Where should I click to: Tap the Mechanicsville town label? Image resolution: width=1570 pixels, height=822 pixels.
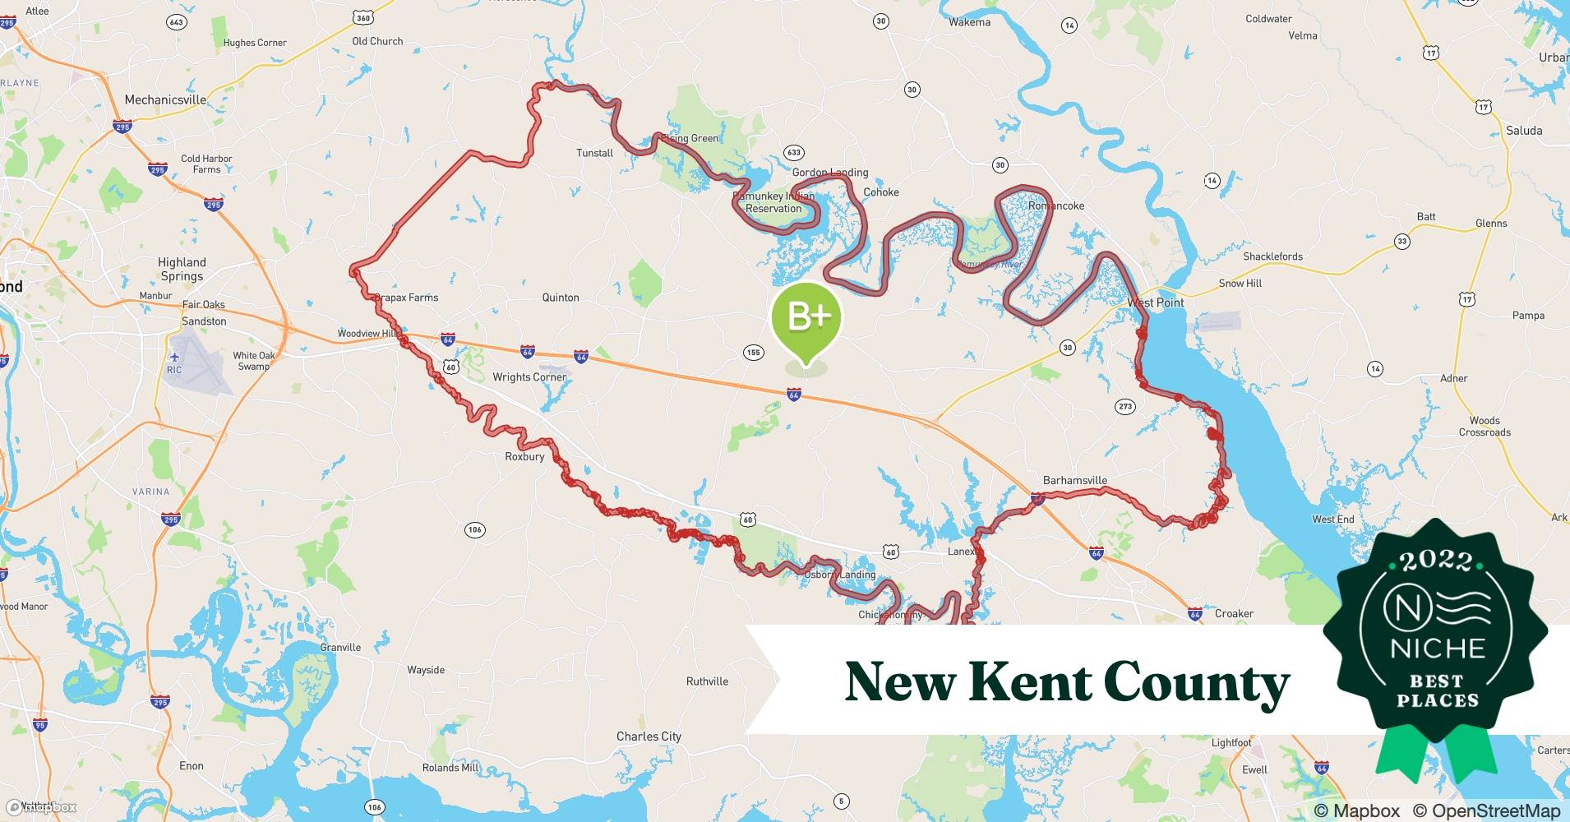(165, 99)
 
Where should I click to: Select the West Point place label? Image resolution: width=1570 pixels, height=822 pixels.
(1155, 302)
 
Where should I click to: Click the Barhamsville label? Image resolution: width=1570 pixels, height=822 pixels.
(1074, 480)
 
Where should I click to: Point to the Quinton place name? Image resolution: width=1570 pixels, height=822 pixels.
(561, 298)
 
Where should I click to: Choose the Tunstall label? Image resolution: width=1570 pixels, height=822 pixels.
(594, 153)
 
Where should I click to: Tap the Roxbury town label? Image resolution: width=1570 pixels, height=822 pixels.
(524, 456)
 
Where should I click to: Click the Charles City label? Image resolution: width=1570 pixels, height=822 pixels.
(649, 737)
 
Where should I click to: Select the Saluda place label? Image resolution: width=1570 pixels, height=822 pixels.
(1523, 131)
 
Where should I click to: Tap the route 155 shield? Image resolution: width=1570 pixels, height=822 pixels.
(752, 353)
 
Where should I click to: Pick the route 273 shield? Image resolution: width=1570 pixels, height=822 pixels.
(1125, 406)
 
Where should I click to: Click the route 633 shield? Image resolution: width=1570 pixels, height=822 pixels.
(793, 152)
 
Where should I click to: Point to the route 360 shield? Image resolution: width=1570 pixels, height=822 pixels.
(362, 17)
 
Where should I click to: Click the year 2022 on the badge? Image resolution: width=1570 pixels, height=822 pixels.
(1436, 561)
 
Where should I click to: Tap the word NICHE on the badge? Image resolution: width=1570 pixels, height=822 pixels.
(1438, 649)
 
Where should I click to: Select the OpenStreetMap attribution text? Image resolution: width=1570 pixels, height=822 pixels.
(1486, 810)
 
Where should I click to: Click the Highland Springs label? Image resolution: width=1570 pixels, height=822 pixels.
(182, 269)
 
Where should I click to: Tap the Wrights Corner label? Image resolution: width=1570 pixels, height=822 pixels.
(529, 377)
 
